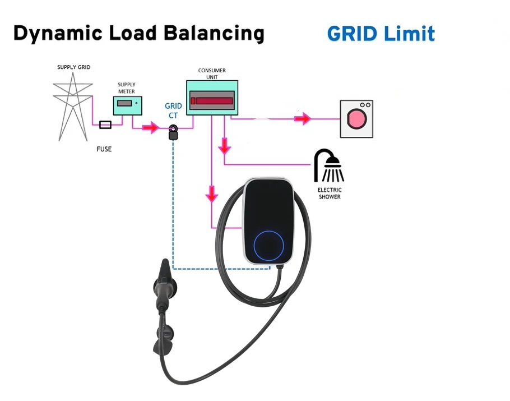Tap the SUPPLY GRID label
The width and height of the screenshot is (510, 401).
(74, 67)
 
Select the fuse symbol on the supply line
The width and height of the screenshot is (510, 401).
(105, 125)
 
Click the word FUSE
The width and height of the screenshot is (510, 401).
(104, 149)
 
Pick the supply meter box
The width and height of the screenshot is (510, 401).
(128, 106)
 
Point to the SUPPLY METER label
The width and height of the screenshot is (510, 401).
(127, 88)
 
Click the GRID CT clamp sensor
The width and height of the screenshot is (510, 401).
(173, 132)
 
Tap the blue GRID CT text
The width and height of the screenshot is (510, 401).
(173, 110)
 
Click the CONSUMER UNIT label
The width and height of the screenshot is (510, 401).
(212, 73)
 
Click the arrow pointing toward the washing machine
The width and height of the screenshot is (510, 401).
(303, 119)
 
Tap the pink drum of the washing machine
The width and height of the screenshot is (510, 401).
(357, 119)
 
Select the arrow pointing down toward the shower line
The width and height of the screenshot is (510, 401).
(224, 146)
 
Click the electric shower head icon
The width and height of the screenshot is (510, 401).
(329, 165)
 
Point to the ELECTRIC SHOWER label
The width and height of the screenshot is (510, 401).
(330, 193)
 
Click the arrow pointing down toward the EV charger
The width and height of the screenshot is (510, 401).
(212, 193)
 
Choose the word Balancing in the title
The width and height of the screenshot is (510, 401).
(214, 34)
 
